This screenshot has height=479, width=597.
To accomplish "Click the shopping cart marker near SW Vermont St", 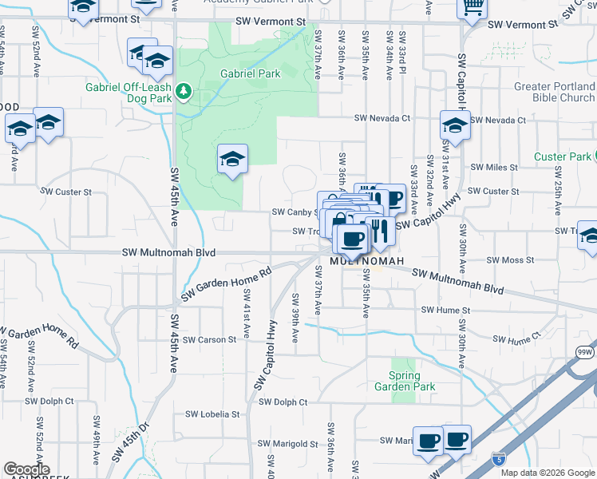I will coord(472,7).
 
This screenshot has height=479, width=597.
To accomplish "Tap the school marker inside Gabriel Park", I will coord(232,159).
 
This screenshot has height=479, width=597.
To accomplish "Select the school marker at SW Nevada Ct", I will coord(455,125).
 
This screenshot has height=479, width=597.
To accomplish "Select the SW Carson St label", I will coord(209,339).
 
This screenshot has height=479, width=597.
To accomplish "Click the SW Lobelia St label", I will coord(212,414).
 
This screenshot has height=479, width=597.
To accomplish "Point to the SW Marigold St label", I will coord(288,444).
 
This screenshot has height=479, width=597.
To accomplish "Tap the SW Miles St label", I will coord(494,168).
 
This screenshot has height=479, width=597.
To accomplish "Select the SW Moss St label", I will coord(510,260).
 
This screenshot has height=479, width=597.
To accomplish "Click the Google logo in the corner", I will coord(26,469).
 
